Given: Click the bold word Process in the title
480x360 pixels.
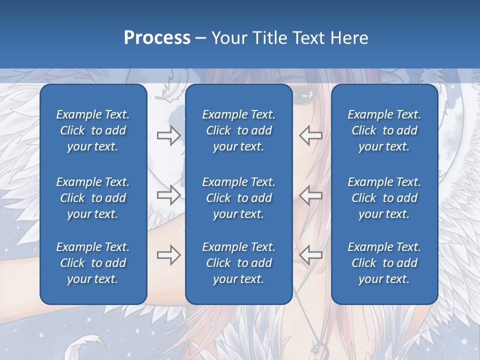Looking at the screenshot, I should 157,38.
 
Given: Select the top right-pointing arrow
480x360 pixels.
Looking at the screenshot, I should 168,135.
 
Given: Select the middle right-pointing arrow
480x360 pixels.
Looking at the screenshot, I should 168,194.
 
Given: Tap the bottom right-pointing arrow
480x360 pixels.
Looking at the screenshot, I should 168,255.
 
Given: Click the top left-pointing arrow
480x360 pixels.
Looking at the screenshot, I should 310,135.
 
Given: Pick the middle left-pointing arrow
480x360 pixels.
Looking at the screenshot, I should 310,194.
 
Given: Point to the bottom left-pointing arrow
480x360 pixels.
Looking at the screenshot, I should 310,255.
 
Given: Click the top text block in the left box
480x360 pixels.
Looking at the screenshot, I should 93,130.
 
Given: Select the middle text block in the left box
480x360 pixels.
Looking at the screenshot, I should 93,198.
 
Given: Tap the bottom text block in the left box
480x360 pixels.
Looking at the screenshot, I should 93,263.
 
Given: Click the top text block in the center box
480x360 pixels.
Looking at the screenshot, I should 238,130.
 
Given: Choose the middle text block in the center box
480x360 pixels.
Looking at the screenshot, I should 238,198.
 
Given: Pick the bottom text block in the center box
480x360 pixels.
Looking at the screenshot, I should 238,263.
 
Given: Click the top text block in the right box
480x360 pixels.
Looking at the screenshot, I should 384,130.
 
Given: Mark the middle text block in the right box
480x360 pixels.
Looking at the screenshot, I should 384,198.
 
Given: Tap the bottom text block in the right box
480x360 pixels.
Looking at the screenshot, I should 384,263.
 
